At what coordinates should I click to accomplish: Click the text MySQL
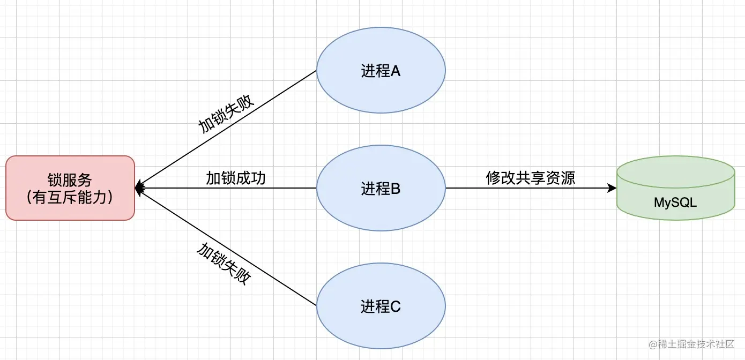[x=675, y=202]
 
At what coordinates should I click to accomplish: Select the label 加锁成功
[x=236, y=178]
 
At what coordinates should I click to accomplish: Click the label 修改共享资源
[x=531, y=178]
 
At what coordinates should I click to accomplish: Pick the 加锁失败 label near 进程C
[x=224, y=263]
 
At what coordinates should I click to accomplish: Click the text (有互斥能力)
[x=70, y=198]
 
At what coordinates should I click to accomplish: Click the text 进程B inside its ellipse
[x=381, y=189]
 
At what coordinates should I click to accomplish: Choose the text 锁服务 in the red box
[x=70, y=179]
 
